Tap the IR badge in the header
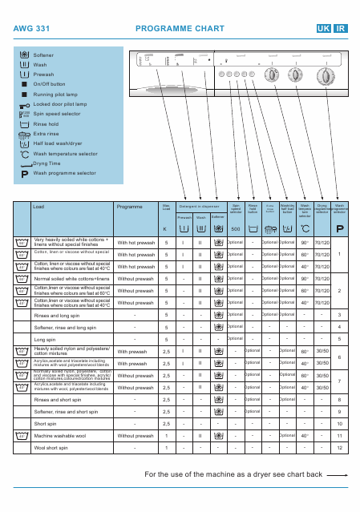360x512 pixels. (341, 27)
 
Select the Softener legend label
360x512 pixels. (44, 54)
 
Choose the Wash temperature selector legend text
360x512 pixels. (66, 152)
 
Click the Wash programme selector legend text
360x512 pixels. (64, 172)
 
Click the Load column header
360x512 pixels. (38, 207)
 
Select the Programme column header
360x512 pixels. (129, 207)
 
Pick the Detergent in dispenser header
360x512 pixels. (199, 207)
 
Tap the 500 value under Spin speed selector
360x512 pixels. (235, 229)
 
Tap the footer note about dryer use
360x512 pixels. (233, 474)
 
